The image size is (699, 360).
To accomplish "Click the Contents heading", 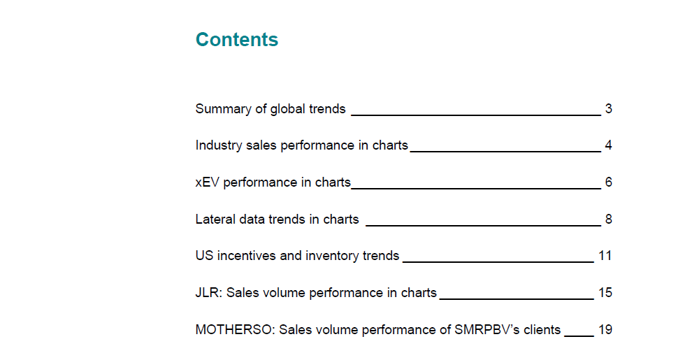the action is pyautogui.click(x=237, y=39).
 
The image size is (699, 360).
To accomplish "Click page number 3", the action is pyautogui.click(x=609, y=109).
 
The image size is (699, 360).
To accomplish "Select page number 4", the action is pyautogui.click(x=609, y=145).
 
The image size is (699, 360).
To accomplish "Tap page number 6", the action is pyautogui.click(x=609, y=182).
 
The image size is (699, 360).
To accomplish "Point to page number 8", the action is pyautogui.click(x=609, y=219).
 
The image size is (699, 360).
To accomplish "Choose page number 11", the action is pyautogui.click(x=605, y=256).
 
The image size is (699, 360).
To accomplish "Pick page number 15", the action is pyautogui.click(x=605, y=293).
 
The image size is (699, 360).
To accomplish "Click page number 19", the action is pyautogui.click(x=605, y=330).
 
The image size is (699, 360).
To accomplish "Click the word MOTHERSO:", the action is pyautogui.click(x=236, y=330).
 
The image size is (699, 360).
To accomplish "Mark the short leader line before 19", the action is pyautogui.click(x=579, y=336).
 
